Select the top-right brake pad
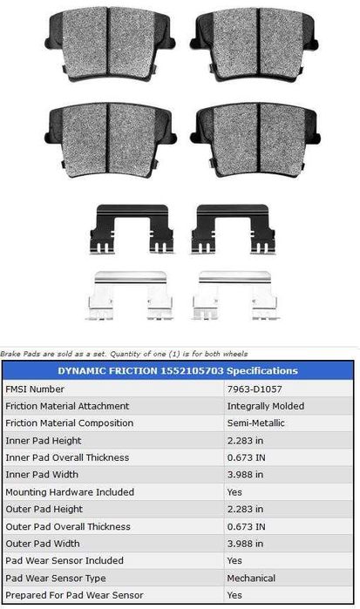point(255,44)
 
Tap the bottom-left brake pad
point(111,140)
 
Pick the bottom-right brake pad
point(255,140)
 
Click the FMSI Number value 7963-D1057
point(255,389)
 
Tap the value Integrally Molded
point(266,406)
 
